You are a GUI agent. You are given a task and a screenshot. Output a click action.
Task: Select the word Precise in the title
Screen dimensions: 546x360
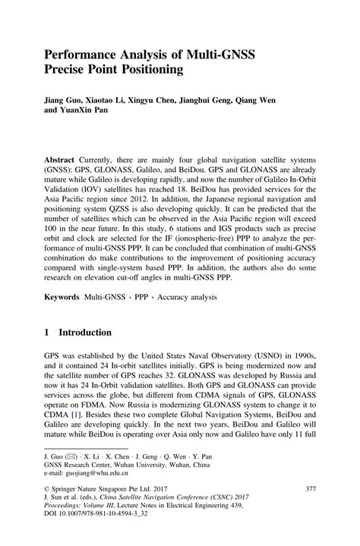click(66, 71)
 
